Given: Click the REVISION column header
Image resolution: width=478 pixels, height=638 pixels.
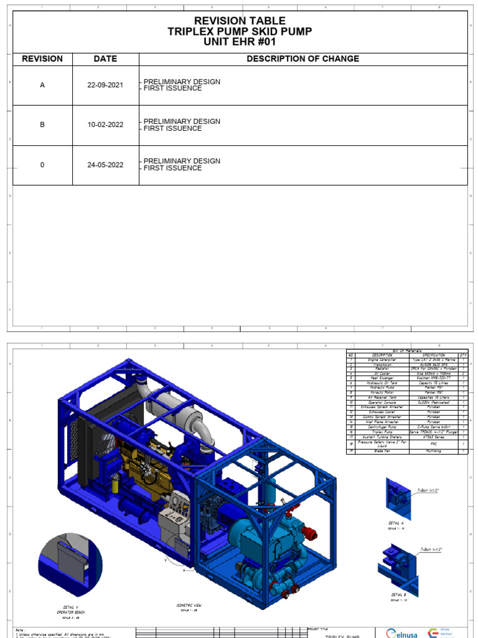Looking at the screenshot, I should click(x=42, y=59).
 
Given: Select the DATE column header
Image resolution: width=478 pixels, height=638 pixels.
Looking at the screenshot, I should click(x=105, y=59).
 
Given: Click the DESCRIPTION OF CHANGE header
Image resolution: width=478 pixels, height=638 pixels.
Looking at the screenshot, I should click(x=302, y=59).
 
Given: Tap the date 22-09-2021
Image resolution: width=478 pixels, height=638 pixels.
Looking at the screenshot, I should click(x=105, y=85).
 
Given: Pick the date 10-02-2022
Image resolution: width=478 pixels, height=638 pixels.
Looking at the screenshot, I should click(x=105, y=125).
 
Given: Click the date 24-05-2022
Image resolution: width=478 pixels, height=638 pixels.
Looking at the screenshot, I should click(x=105, y=165).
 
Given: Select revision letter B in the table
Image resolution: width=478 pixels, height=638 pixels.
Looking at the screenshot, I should click(x=42, y=125).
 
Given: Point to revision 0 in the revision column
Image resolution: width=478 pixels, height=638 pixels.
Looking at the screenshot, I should click(x=42, y=165).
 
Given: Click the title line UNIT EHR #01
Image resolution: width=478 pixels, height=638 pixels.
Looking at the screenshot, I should click(x=240, y=42).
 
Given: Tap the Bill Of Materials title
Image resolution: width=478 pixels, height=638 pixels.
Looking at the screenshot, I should click(x=406, y=351).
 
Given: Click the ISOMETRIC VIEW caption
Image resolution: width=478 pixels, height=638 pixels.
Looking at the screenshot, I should click(x=189, y=606).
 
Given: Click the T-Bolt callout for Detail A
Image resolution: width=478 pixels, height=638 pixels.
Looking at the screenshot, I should click(x=426, y=492).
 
